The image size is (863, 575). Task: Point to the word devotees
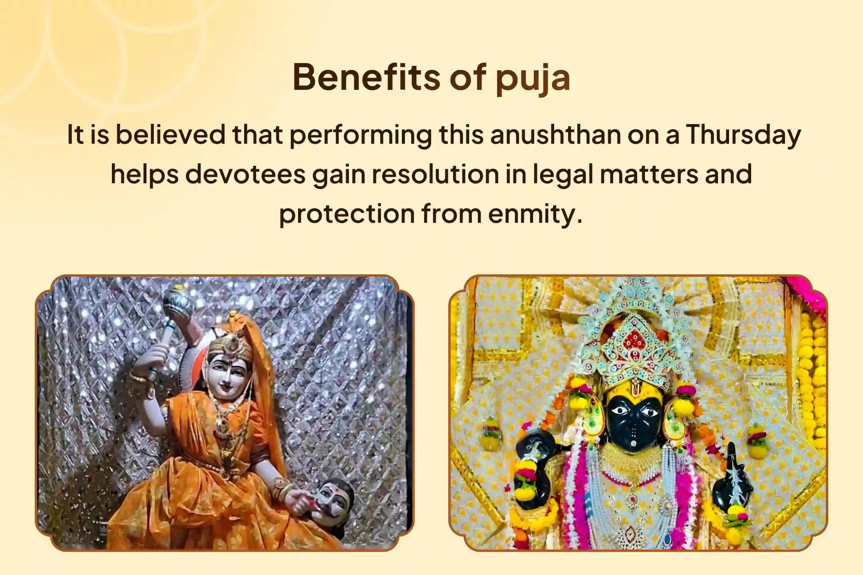tap(245, 174)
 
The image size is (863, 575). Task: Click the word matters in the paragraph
tap(649, 174)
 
